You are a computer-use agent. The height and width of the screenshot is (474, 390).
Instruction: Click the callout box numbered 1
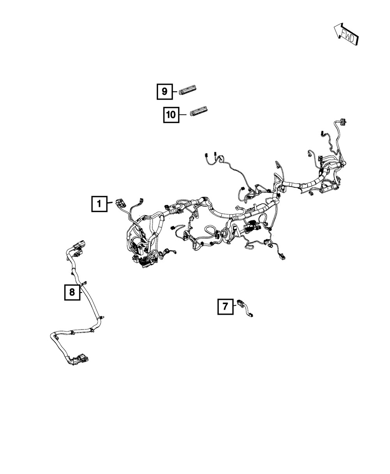tap(99, 204)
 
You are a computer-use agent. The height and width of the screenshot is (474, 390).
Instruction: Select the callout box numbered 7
tap(225, 306)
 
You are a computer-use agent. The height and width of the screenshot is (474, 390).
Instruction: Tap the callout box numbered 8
tap(72, 292)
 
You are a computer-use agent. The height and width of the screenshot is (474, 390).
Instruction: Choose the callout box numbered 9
tap(165, 91)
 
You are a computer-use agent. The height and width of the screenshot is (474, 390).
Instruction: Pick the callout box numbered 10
tap(171, 115)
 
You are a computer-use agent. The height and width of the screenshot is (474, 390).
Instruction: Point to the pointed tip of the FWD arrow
tap(334, 27)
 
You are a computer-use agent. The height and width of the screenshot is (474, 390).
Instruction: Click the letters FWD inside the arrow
tap(347, 37)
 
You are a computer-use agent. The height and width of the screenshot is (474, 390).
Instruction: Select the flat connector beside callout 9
tap(188, 89)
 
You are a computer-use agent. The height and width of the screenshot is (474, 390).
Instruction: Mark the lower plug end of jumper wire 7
tap(250, 315)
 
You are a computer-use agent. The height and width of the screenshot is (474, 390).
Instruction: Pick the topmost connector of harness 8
tap(81, 243)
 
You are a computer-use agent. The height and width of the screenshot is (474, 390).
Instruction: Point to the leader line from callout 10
tap(183, 115)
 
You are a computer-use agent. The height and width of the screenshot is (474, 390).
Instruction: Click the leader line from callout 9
tap(175, 91)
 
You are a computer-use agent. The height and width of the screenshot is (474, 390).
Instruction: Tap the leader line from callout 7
tap(235, 306)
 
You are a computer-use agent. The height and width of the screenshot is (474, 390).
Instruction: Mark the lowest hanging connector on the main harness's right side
tap(283, 257)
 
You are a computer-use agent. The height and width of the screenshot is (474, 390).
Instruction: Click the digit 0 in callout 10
tap(174, 115)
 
